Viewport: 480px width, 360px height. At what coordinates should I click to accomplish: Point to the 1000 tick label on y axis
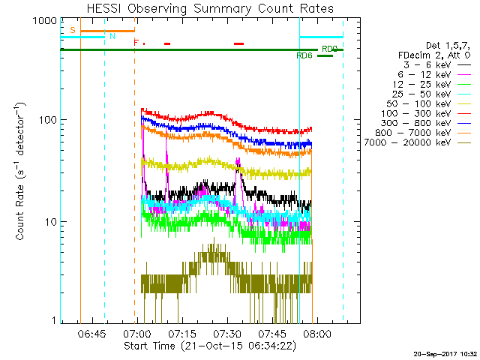45,22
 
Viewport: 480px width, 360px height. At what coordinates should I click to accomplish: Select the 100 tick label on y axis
48,120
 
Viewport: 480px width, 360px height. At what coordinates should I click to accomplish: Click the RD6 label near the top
304,55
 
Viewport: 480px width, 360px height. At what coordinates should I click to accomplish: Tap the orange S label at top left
73,30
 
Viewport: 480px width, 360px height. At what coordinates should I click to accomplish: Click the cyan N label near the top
112,35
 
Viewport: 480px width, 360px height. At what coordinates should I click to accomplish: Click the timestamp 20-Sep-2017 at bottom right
447,353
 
